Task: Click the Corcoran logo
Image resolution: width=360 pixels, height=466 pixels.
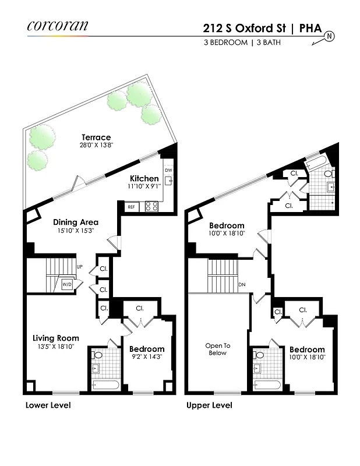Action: pos(57,26)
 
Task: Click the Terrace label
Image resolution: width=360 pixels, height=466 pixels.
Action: pos(96,137)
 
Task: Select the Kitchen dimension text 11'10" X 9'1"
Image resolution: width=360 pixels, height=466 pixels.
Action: pos(144,187)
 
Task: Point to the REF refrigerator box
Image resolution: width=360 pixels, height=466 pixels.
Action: pos(131,207)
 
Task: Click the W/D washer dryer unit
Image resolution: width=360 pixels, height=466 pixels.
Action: pos(68,285)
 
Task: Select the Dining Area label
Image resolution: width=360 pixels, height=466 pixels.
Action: pos(75,222)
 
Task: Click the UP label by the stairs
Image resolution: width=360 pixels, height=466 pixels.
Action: pos(79,267)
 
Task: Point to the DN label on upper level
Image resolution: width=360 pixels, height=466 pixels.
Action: pos(242,285)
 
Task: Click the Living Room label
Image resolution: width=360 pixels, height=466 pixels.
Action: pos(55,338)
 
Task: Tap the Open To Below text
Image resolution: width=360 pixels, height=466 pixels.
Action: pos(217,349)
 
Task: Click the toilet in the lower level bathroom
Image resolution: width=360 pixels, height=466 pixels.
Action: pos(98,354)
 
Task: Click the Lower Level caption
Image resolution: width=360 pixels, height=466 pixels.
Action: pos(48,405)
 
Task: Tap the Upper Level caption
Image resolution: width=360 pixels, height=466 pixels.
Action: pos(209,405)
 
